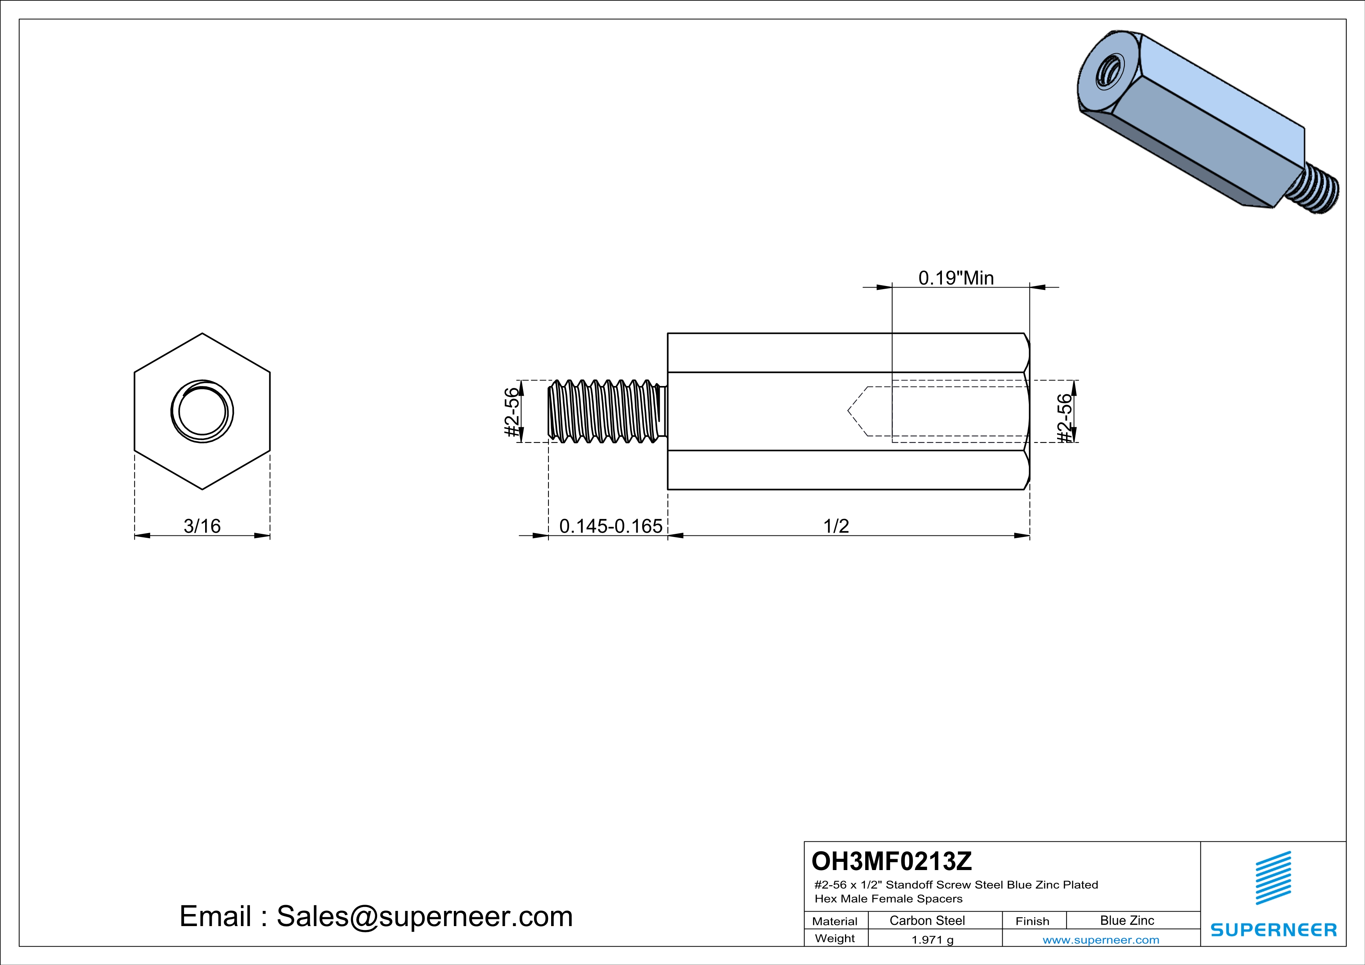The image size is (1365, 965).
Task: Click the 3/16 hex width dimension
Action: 202,526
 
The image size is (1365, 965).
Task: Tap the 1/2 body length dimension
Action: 836,526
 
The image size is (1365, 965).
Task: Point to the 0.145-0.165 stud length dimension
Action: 611,526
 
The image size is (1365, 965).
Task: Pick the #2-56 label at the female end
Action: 1065,418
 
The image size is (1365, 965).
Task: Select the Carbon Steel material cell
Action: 927,920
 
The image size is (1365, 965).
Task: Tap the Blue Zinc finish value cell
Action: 1126,920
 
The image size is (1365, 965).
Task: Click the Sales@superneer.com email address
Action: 425,916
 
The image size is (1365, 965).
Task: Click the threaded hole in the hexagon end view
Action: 202,411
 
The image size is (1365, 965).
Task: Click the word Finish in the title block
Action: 1032,921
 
